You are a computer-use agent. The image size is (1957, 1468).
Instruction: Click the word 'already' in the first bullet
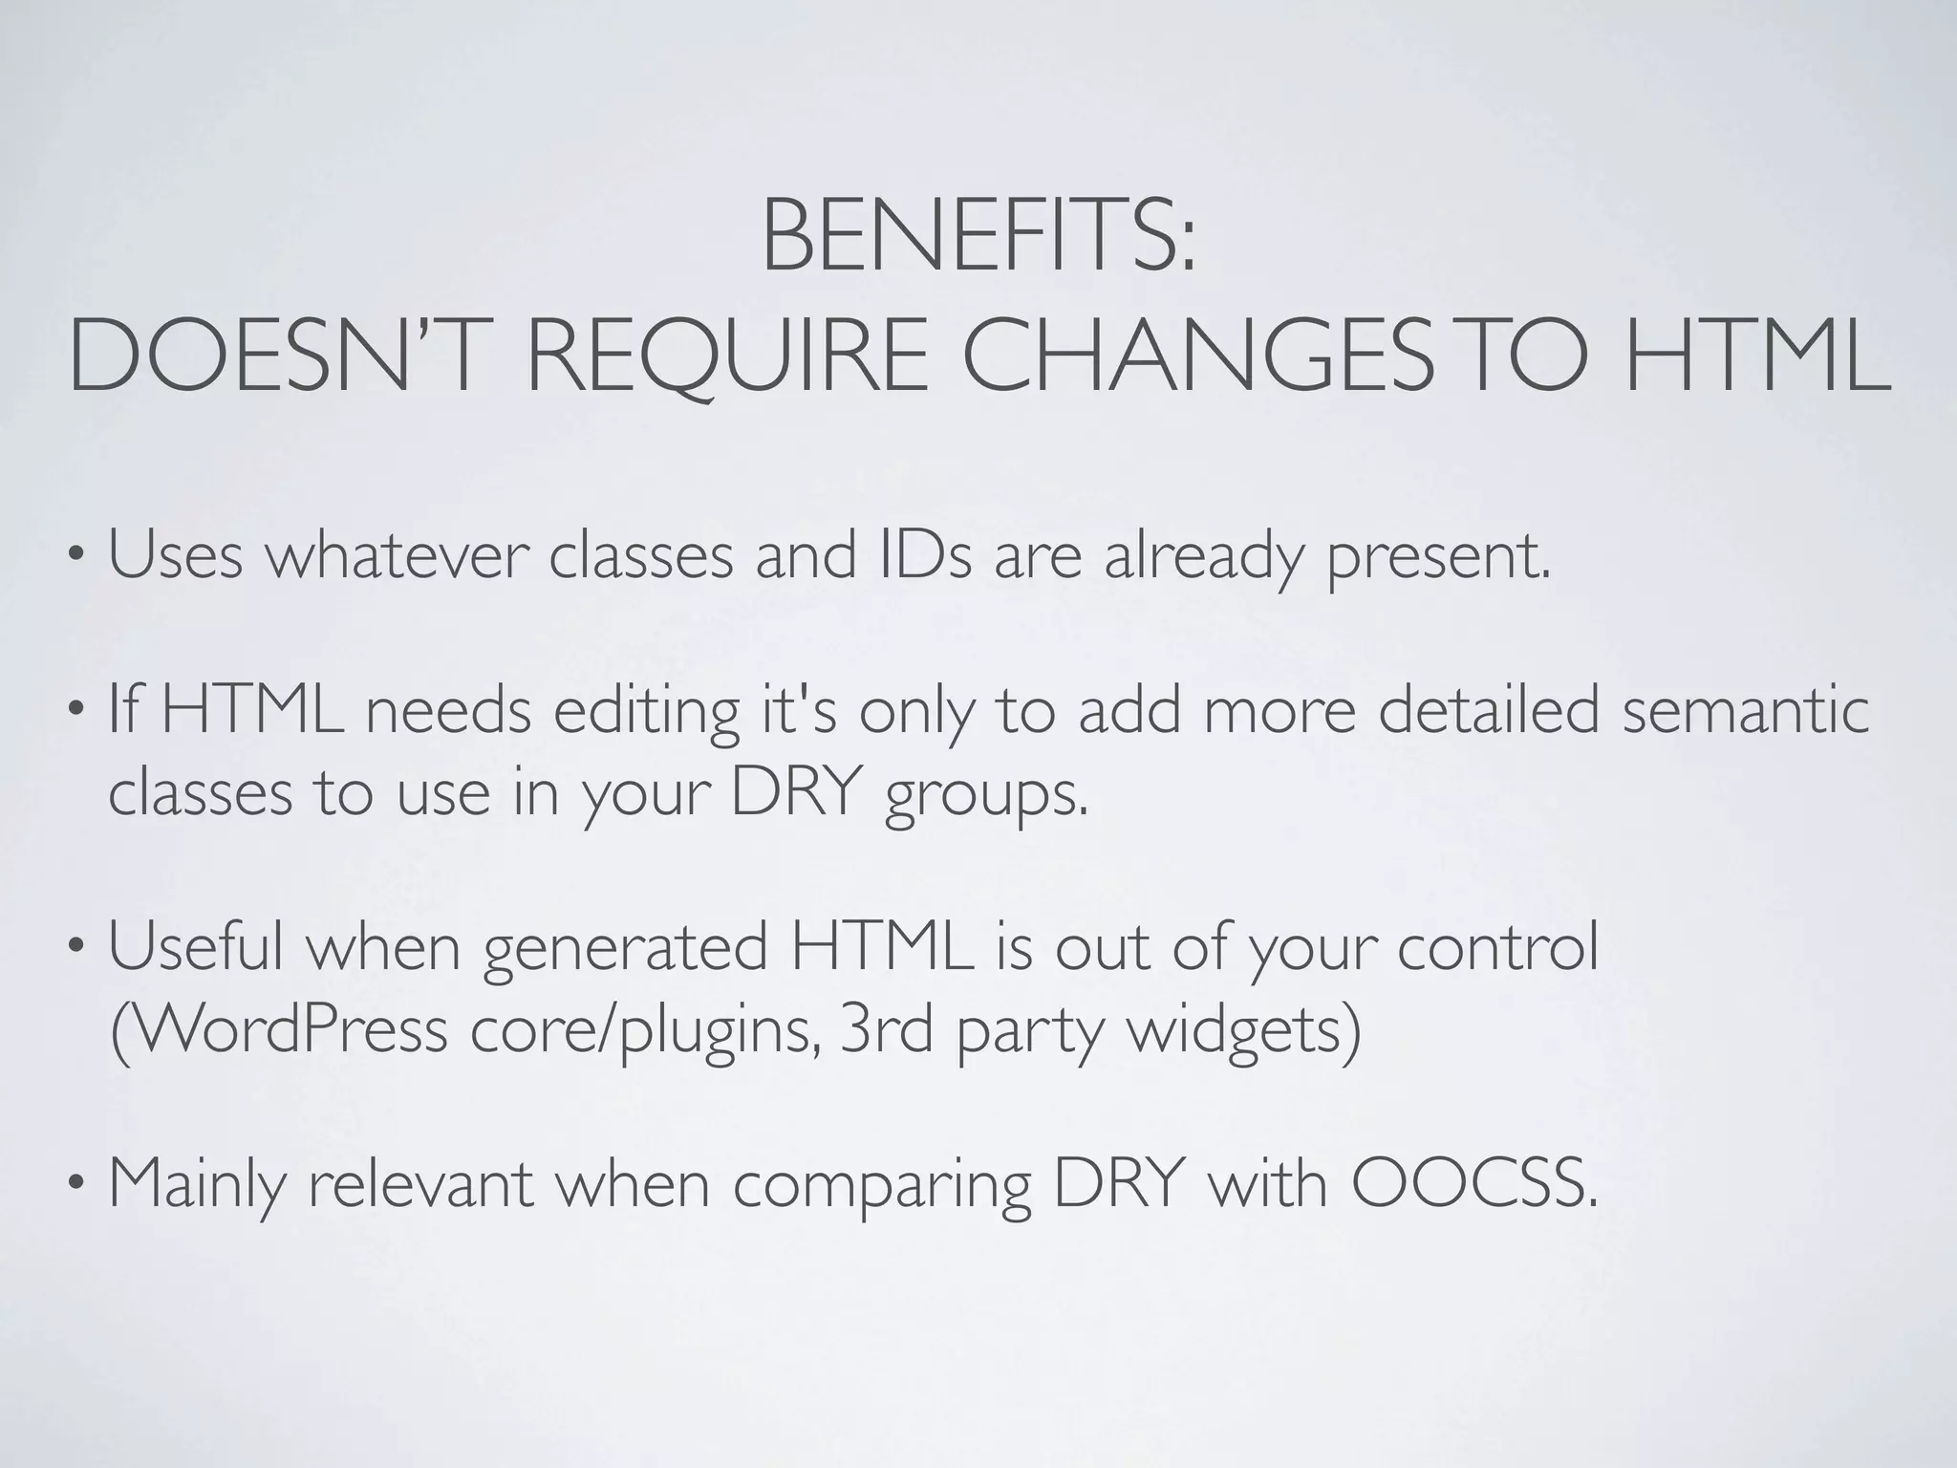tap(1203, 555)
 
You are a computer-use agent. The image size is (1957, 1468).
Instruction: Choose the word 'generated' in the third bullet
tap(626, 948)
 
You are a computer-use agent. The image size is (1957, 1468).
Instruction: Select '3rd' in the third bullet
tap(885, 1030)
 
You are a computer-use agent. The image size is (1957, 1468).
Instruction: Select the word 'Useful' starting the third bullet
tap(196, 948)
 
